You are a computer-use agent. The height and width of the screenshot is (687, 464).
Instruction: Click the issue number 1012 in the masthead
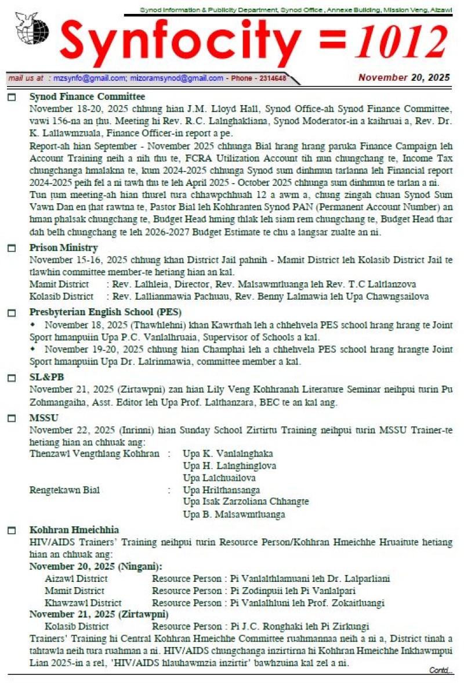point(400,43)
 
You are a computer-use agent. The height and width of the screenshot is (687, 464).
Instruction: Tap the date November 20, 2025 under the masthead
point(404,77)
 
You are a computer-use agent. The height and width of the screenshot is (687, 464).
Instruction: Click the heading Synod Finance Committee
point(87,97)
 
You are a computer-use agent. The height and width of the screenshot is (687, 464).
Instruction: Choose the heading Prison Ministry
point(64,248)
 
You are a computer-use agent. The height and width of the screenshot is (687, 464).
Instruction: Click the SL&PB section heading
point(46,377)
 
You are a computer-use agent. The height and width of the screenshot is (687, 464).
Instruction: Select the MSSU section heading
point(44,418)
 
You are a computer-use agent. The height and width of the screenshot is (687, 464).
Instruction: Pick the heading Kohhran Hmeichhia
point(74,530)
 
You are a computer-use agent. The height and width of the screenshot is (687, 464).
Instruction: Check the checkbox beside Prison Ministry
point(12,249)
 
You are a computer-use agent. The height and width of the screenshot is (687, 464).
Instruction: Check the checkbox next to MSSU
point(12,418)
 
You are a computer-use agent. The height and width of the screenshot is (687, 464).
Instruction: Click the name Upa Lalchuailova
point(219,478)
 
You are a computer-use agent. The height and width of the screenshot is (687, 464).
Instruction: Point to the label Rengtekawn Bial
point(64,490)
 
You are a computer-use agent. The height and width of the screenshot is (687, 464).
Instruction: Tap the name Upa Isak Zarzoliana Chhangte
point(246,502)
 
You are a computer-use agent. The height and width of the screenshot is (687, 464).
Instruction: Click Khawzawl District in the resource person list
point(83,603)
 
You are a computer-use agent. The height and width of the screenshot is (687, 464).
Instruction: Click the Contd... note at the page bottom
point(441,670)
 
